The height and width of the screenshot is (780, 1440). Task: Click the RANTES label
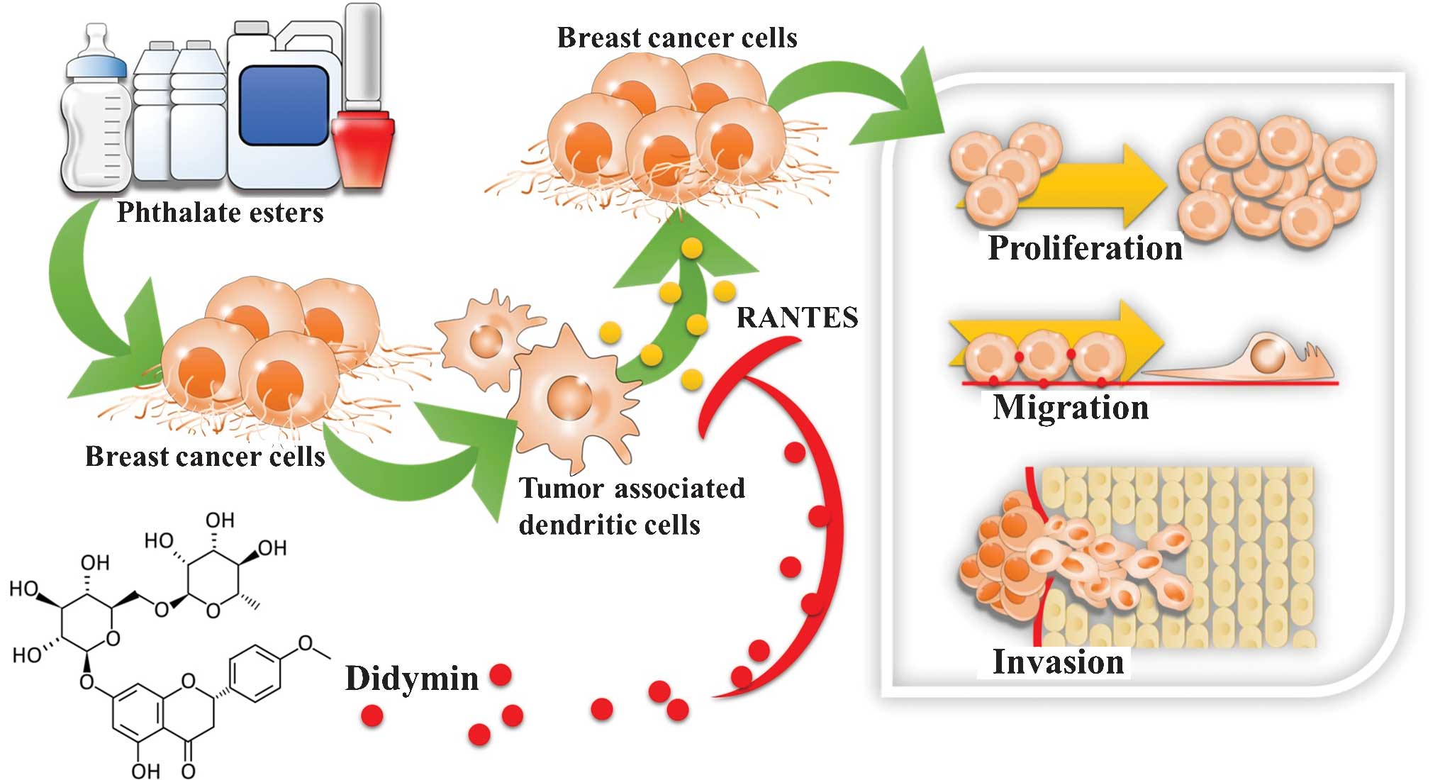click(x=797, y=317)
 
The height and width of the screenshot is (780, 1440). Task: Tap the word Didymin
click(x=412, y=679)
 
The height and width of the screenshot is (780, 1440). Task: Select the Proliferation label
click(x=1085, y=248)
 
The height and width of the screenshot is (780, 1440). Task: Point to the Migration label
click(x=1071, y=408)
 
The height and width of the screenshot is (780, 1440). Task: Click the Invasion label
click(x=1058, y=662)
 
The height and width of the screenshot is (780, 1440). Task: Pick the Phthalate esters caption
click(x=220, y=212)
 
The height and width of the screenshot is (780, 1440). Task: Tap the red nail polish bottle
click(x=363, y=145)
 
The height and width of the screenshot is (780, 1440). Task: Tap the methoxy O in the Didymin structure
click(x=306, y=643)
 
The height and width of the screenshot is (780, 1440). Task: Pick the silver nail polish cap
click(x=363, y=53)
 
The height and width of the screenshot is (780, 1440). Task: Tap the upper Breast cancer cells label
click(x=677, y=38)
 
